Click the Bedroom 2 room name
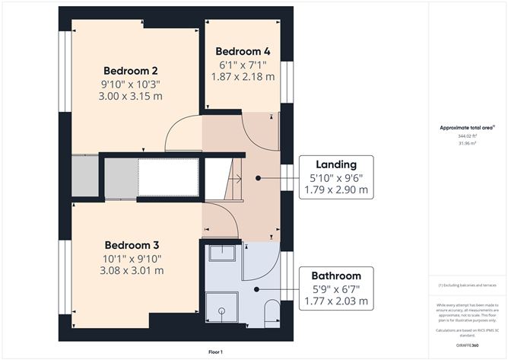132,70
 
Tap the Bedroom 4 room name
243,52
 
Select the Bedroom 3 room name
132,245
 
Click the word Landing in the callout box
336,164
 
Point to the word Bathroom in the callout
335,276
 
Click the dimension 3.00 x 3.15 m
132,96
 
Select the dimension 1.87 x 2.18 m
243,76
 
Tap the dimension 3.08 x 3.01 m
132,270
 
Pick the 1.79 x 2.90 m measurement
336,190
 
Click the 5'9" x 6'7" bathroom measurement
335,288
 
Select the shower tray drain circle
221,311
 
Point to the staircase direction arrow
239,180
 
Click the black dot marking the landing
259,177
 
